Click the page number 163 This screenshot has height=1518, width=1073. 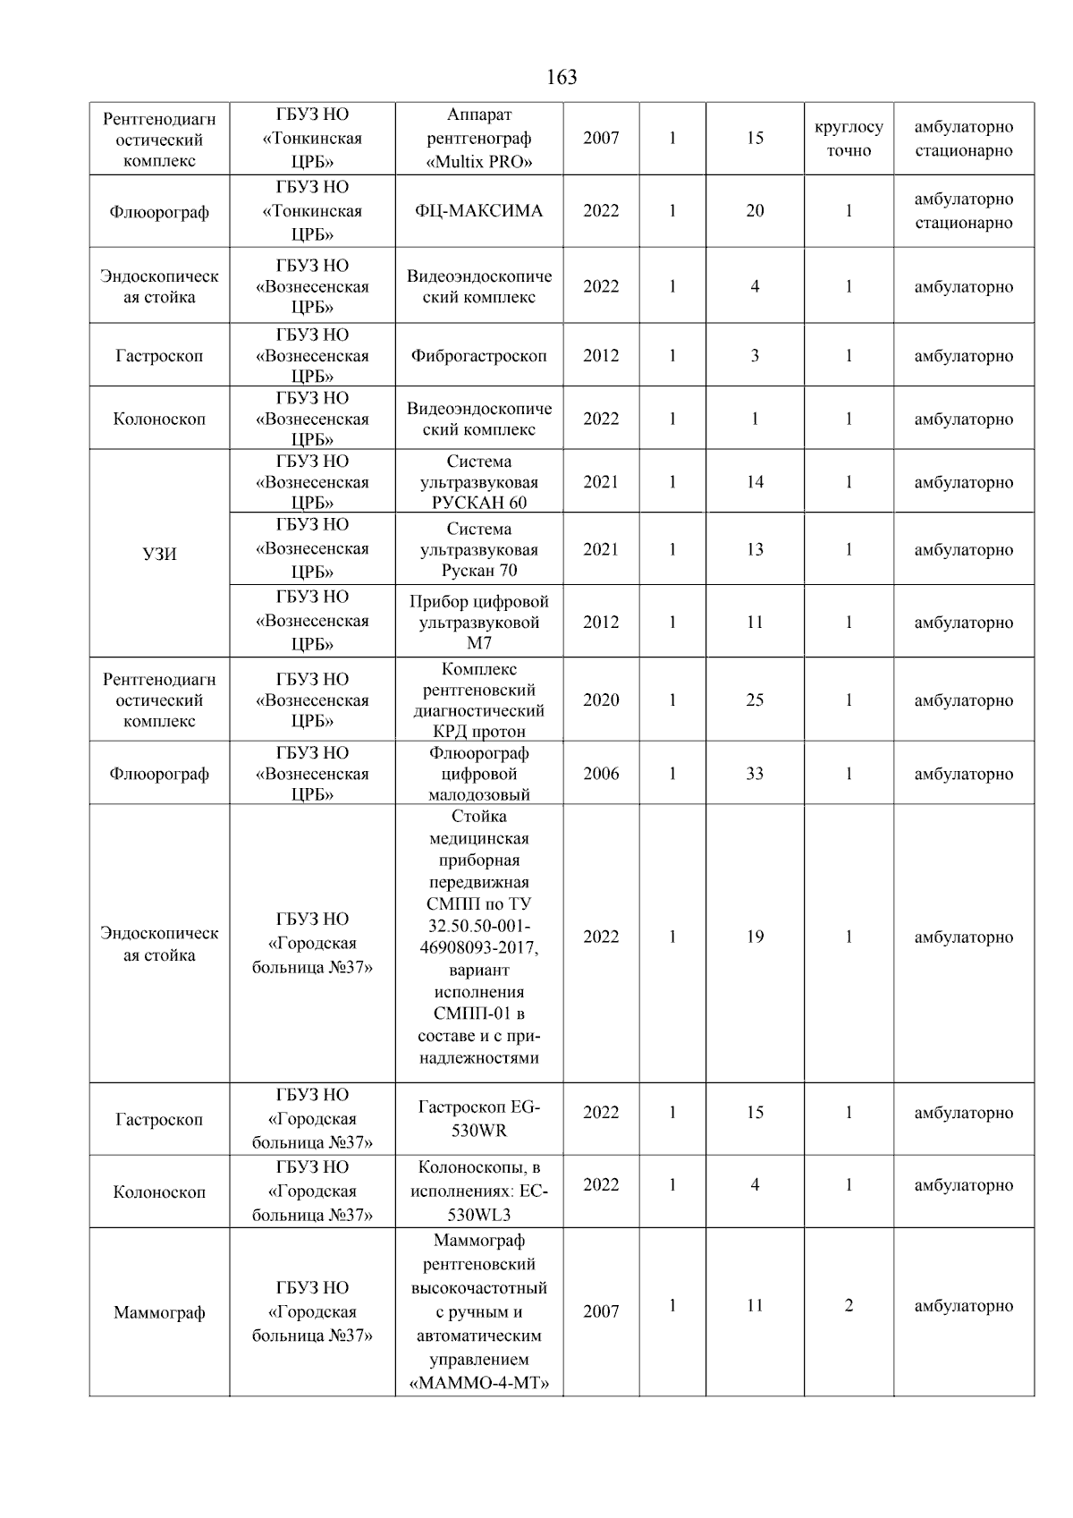pos(562,78)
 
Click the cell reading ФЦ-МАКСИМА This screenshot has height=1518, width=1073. pos(478,211)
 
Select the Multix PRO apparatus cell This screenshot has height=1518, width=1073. pos(478,139)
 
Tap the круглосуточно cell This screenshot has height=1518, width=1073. pos(848,139)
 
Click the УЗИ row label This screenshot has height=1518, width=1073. pos(159,554)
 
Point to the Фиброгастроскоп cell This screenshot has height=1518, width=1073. pos(478,356)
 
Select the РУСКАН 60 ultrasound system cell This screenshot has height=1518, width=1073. pos(478,482)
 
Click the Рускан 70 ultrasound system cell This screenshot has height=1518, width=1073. pos(478,549)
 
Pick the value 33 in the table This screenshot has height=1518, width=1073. pos(755,774)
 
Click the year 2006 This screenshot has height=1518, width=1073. pos(601,774)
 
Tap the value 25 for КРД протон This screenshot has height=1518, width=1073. pos(755,700)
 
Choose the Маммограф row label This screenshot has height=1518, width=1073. pos(159,1313)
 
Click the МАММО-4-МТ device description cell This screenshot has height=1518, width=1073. pos(478,1313)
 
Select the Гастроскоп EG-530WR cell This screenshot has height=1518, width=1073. pos(478,1119)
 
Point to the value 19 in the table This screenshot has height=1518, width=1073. pos(755,937)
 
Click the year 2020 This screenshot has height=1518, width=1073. pos(601,700)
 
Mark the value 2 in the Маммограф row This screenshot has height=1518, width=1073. pos(848,1306)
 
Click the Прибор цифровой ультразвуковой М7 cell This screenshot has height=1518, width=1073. pos(478,622)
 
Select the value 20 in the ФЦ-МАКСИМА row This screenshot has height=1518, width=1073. pos(755,211)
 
